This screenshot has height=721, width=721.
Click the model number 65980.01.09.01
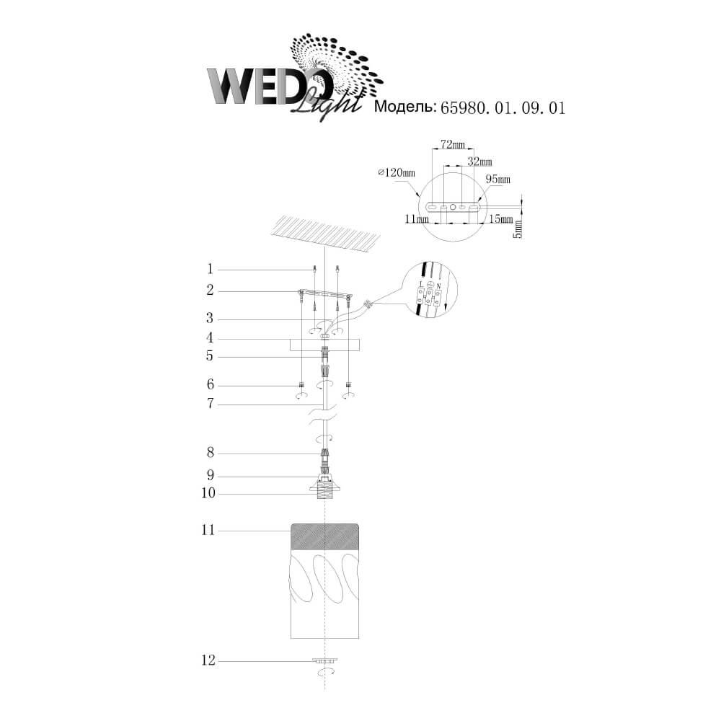(503, 107)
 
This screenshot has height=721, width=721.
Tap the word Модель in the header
(405, 107)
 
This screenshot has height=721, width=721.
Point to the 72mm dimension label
(453, 145)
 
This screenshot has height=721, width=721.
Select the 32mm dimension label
(479, 162)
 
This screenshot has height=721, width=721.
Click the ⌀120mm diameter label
(397, 172)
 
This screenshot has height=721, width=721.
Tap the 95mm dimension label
(498, 179)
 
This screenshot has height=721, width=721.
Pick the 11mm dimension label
(417, 219)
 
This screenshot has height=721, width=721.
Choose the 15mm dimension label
(501, 219)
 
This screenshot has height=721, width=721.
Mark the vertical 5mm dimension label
(518, 229)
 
